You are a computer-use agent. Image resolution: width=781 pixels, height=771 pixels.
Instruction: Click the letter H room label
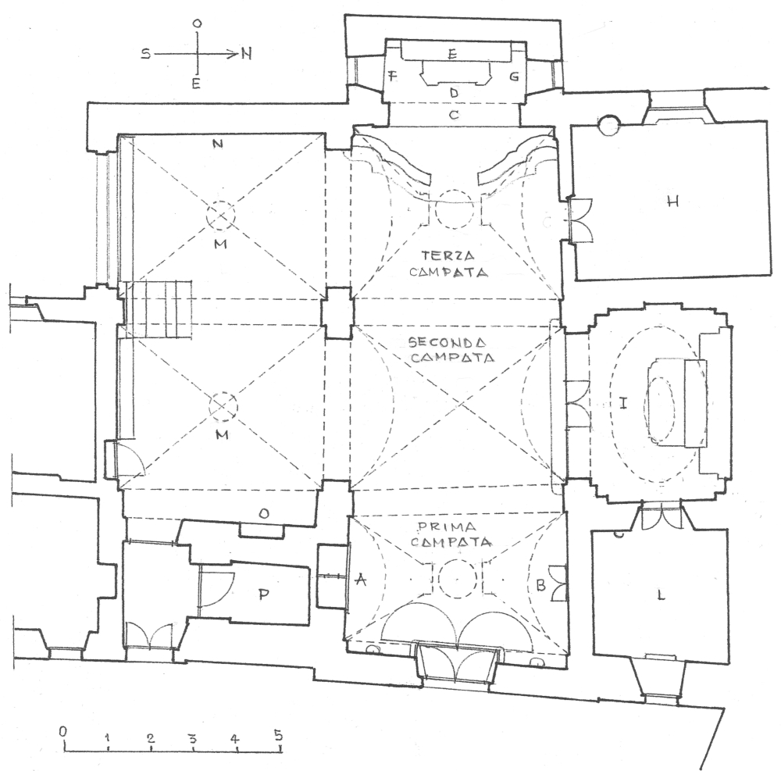[x=672, y=202]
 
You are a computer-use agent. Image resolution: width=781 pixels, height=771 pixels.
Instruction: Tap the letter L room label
[x=661, y=595]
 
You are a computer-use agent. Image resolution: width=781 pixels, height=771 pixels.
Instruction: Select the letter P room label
[x=264, y=594]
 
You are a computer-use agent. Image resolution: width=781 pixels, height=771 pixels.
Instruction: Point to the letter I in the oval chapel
[x=623, y=403]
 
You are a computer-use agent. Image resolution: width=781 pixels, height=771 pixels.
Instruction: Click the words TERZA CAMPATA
[x=448, y=264]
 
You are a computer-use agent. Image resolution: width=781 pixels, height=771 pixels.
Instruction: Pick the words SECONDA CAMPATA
[x=451, y=350]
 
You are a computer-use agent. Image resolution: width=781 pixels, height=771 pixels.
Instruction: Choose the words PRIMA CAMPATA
[x=451, y=534]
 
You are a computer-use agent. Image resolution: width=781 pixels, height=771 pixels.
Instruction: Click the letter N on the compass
[x=247, y=53]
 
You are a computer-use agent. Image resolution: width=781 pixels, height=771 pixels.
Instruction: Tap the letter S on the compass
[x=145, y=53]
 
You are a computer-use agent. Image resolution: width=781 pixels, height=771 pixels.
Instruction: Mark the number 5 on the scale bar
[x=278, y=734]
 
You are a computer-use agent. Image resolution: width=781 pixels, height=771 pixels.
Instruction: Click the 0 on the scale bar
[x=62, y=731]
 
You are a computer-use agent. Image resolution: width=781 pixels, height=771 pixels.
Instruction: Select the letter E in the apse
[x=452, y=54]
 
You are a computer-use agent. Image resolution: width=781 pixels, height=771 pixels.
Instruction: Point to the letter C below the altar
[x=453, y=115]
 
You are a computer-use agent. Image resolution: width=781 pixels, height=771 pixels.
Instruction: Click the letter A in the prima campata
[x=361, y=580]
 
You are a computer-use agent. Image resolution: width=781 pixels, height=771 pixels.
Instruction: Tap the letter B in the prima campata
[x=541, y=586]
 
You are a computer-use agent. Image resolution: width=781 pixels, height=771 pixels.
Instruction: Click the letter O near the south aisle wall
[x=265, y=514]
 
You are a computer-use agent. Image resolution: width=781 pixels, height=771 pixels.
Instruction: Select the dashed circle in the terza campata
[x=455, y=209]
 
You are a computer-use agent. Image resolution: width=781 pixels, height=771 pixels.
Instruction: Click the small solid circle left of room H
[x=608, y=124]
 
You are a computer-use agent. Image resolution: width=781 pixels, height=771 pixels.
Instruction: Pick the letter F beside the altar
[x=393, y=77]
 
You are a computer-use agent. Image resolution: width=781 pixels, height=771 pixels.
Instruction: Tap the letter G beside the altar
[x=514, y=77]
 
